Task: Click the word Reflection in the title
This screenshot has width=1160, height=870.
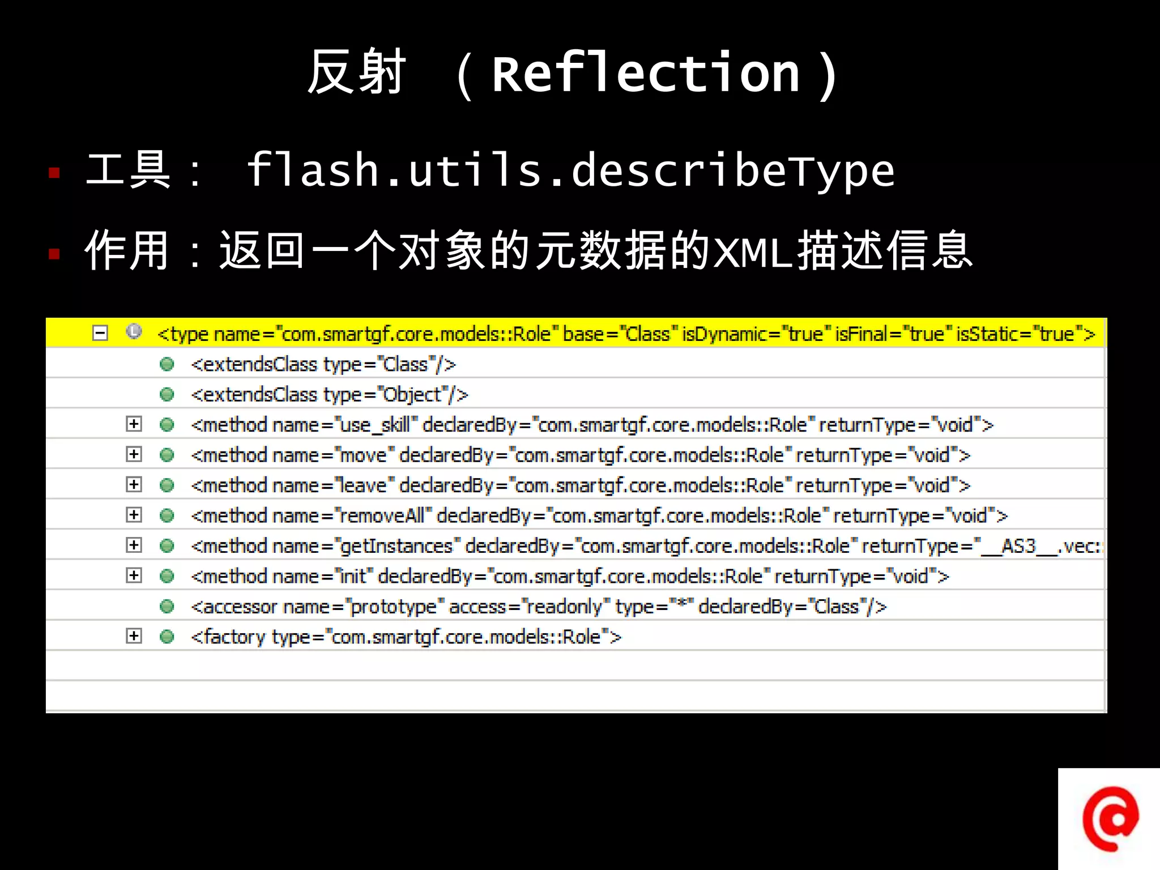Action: coord(646,74)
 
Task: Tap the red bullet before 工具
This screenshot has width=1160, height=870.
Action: coord(54,173)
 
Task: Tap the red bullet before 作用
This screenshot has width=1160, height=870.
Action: coord(54,253)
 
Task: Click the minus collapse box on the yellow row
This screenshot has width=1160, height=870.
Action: coord(100,333)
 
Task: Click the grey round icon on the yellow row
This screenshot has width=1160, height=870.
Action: coord(134,331)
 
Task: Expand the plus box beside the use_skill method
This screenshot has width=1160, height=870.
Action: coord(134,424)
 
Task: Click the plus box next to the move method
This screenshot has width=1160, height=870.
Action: coord(134,454)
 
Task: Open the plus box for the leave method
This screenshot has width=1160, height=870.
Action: coord(134,485)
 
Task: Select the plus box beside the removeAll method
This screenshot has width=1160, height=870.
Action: coord(134,515)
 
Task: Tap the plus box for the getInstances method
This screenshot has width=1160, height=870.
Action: coord(134,545)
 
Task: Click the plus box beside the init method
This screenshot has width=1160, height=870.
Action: coord(134,575)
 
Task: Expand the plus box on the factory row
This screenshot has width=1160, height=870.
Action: coord(134,636)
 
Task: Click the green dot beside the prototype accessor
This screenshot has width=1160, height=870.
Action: coord(167,607)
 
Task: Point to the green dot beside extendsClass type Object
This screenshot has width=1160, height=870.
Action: coord(167,394)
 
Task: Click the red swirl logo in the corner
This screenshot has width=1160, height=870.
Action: coord(1110,818)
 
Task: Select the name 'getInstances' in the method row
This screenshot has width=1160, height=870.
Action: coord(396,546)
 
